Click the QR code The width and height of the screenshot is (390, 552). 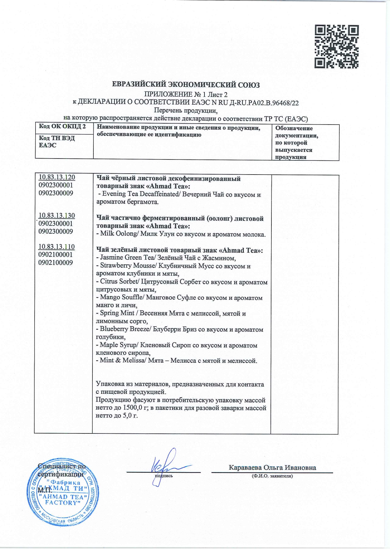coord(337,47)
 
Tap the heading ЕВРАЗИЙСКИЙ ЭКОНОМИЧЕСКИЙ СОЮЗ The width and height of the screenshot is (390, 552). coord(186,85)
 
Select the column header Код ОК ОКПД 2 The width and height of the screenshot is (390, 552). coord(62,127)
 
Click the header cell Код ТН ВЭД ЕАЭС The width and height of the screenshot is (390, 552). coord(57,142)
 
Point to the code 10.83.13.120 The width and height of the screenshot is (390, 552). coord(57,177)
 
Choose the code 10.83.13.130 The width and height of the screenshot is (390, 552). coord(57,215)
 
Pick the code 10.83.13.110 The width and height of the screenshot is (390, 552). coord(57,247)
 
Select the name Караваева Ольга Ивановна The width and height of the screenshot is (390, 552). coord(272,467)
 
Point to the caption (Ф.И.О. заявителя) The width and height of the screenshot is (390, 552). coord(272,476)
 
